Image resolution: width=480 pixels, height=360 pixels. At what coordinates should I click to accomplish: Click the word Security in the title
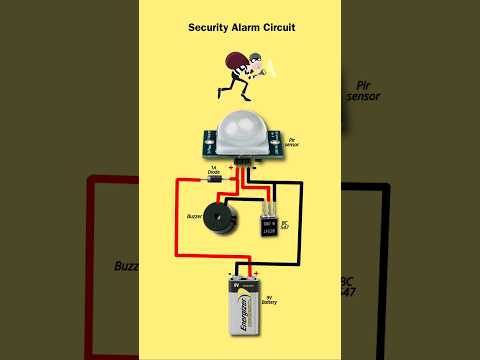[x=208, y=28]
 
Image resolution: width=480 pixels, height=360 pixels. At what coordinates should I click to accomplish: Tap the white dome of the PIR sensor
[x=241, y=128]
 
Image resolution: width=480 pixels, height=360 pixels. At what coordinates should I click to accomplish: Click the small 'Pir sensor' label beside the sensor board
[x=294, y=142]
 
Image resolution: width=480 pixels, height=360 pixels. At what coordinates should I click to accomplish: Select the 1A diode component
[x=215, y=181]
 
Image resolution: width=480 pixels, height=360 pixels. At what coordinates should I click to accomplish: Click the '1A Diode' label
[x=213, y=171]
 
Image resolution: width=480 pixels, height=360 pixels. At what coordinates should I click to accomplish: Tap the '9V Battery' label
[x=272, y=298]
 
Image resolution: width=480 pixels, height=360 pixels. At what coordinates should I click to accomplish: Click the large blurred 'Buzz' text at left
[x=125, y=268]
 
